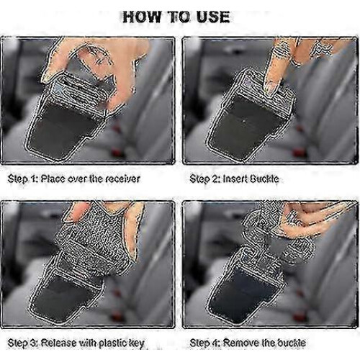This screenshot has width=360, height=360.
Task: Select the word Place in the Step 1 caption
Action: pyautogui.click(x=53, y=179)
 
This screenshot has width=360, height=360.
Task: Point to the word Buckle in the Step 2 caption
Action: pyautogui.click(x=264, y=179)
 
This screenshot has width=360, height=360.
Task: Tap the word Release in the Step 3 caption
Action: pyautogui.click(x=58, y=343)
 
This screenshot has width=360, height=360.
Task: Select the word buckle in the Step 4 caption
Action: pyautogui.click(x=290, y=343)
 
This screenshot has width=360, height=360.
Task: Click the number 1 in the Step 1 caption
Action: pyautogui.click(x=33, y=179)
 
